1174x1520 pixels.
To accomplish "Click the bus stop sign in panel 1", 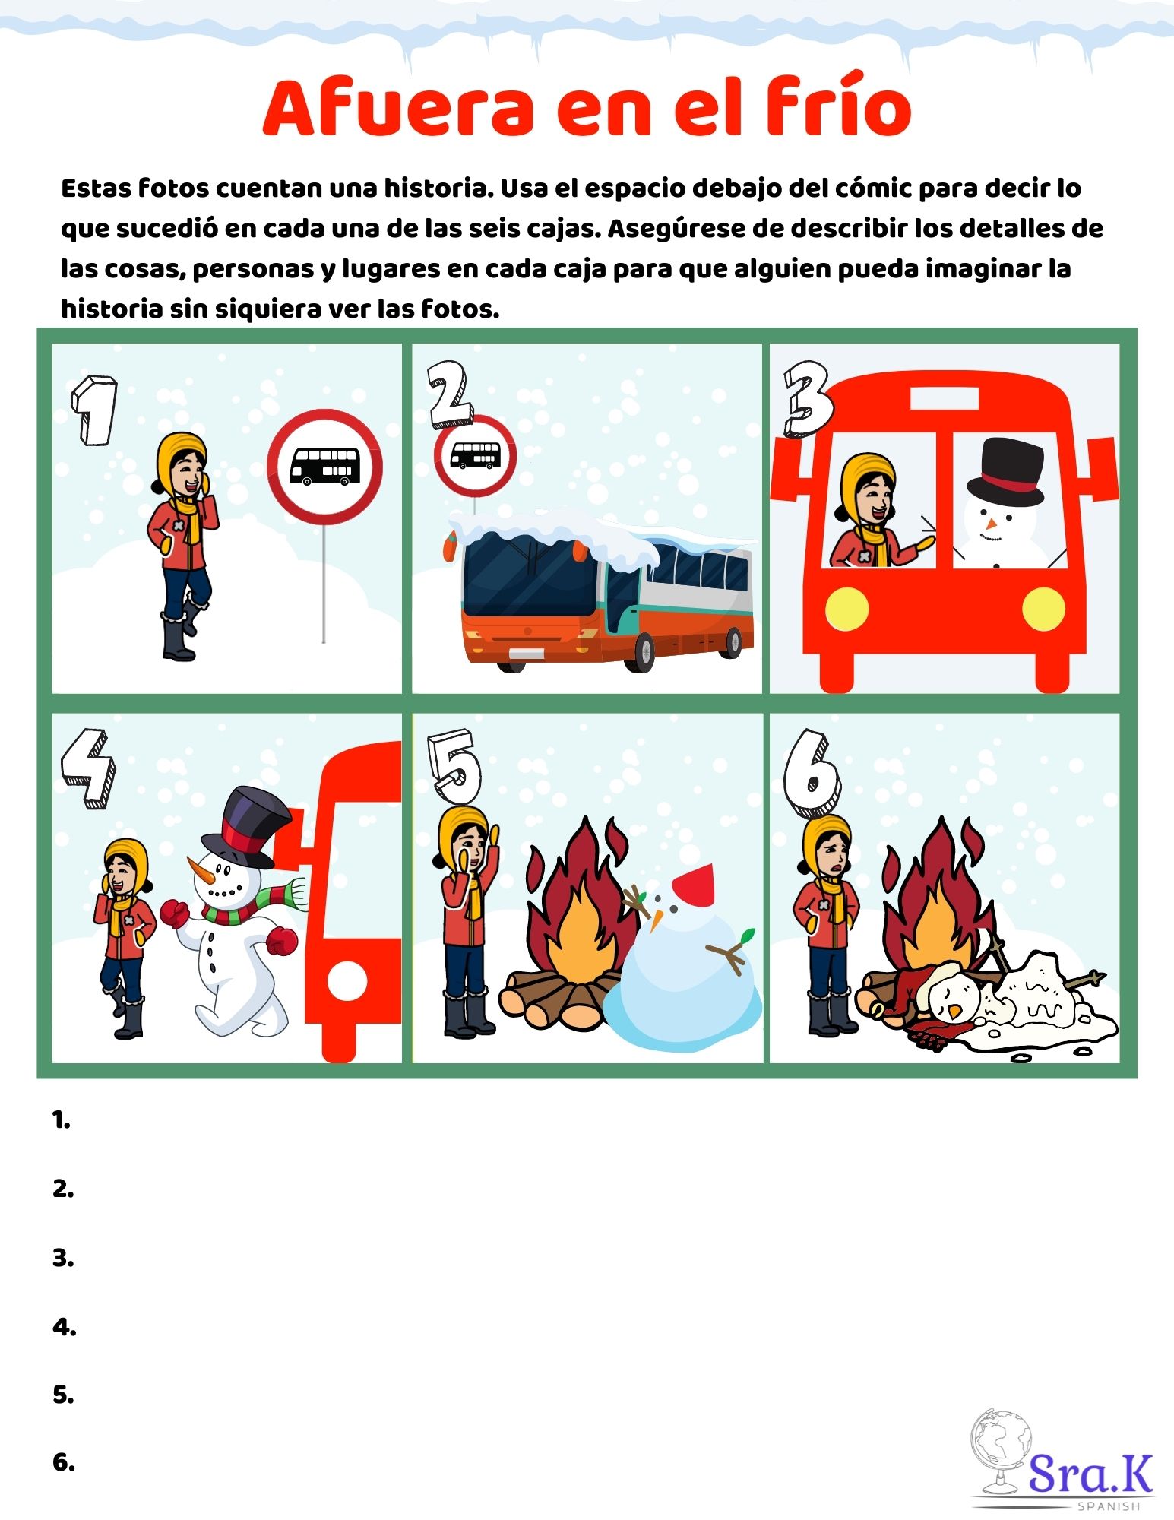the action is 324,467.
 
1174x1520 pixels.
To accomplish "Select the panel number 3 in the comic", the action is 808,400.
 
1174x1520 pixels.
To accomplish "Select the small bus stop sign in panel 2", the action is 475,457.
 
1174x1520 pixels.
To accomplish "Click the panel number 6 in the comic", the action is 812,774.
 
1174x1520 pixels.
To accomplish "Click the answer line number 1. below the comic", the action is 62,1120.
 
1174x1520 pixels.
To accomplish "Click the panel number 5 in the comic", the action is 454,768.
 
